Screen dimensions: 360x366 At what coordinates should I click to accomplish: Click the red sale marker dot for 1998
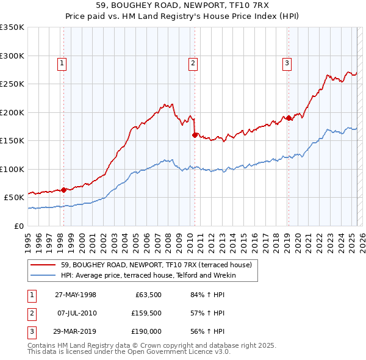point(63,190)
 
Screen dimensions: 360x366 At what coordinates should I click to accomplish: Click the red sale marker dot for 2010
point(195,135)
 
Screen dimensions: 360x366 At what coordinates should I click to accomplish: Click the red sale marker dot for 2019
point(289,118)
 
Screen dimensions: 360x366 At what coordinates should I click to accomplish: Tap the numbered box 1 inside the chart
point(63,62)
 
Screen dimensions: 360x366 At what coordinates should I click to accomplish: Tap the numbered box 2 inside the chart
point(193,62)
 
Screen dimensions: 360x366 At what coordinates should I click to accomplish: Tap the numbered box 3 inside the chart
point(287,62)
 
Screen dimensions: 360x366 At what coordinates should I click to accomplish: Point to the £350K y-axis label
point(12,27)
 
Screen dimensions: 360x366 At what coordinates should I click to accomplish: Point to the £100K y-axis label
point(12,169)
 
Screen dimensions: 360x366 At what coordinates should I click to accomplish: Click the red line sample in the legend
point(43,265)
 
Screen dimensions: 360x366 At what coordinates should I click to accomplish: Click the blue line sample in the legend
point(43,275)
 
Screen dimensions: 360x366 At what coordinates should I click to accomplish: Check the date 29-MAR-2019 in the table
point(76,331)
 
